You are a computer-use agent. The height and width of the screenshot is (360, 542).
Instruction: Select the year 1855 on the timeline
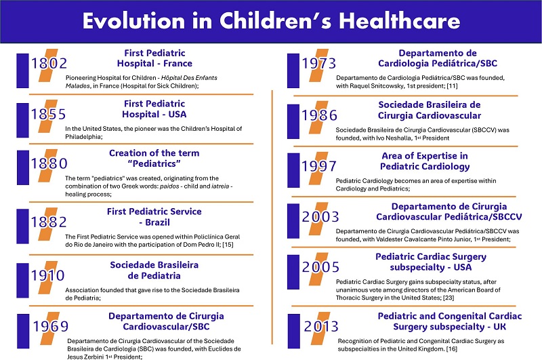[x=48, y=113]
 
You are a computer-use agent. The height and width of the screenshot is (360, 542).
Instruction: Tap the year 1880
[x=48, y=163]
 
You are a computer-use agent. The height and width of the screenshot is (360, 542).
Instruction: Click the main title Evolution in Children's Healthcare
[x=271, y=21]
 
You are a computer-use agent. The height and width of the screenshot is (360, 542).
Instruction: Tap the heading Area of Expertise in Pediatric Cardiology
[x=425, y=161]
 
